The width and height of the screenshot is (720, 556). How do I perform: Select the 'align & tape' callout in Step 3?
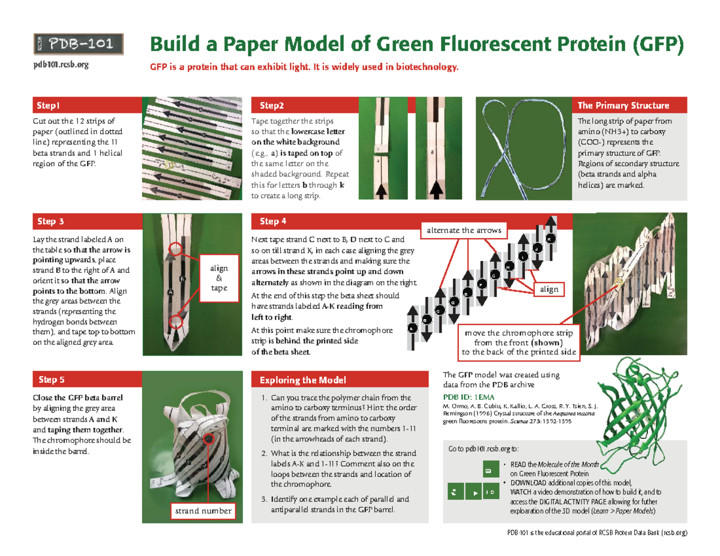point(218,278)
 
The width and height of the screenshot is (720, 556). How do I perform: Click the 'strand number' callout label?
point(202,510)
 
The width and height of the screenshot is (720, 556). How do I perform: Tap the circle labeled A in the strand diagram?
point(412,329)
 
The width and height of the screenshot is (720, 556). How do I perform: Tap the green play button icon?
point(475,492)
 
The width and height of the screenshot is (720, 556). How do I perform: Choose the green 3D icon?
point(489,492)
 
